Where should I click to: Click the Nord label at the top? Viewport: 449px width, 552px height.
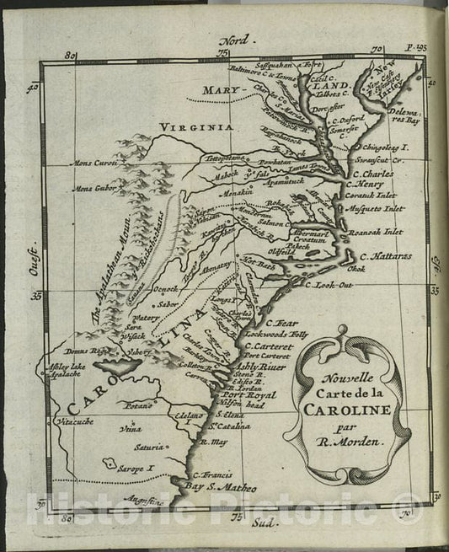[233, 41]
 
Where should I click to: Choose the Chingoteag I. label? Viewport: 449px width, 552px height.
[387, 146]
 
